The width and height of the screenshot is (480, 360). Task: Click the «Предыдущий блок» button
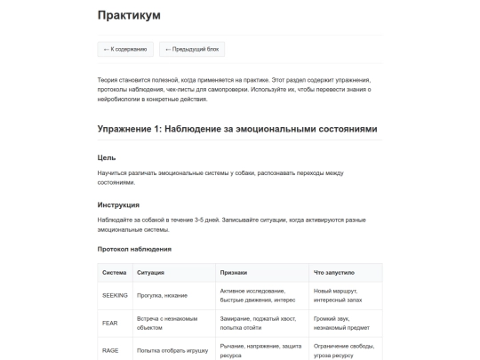pos(189,49)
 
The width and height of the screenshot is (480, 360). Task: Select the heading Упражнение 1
pos(237,129)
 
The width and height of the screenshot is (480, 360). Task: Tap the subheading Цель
pos(107,157)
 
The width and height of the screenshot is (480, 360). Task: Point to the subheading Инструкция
pos(118,204)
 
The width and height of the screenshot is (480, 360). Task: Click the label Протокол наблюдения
pos(134,249)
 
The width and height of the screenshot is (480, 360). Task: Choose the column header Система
pos(115,272)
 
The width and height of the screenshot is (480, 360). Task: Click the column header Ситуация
pos(150,272)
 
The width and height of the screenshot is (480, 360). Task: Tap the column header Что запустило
pos(334,272)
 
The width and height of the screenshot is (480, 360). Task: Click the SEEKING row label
pos(116,295)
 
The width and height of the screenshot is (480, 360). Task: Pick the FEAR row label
pos(110,323)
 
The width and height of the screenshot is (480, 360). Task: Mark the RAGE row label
pos(111,350)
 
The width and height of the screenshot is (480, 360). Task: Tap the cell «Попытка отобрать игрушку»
pos(172,350)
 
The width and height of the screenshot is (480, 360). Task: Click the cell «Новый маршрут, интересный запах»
pos(340,295)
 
